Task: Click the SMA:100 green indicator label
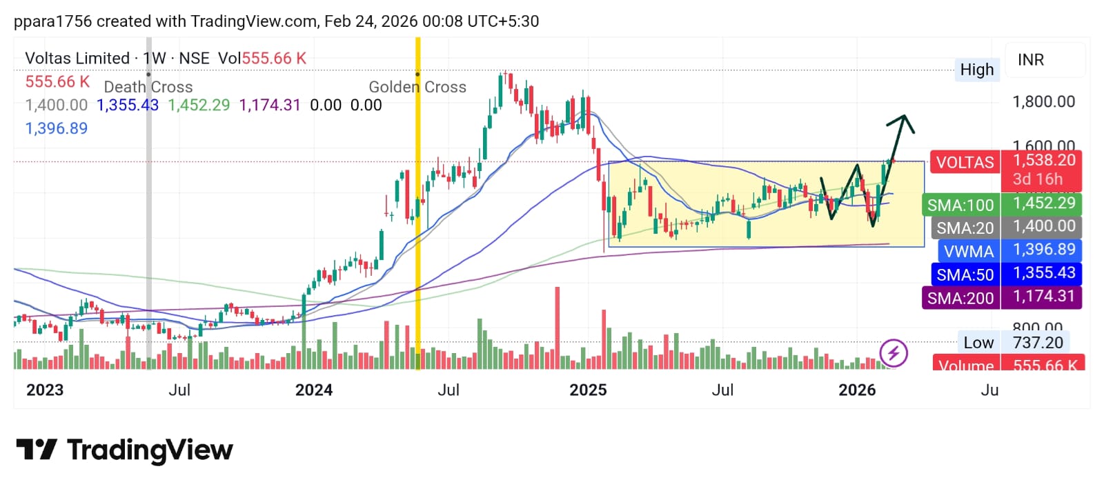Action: click(x=960, y=205)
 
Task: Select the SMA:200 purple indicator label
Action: click(x=960, y=298)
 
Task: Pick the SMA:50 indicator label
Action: click(x=965, y=274)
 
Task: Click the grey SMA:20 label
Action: click(x=965, y=228)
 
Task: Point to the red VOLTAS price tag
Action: click(x=965, y=163)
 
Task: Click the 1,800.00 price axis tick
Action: click(x=1043, y=102)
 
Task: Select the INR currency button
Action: click(x=1031, y=60)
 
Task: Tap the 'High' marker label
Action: click(x=976, y=70)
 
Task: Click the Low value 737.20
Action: click(x=1038, y=343)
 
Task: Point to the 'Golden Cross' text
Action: click(x=417, y=87)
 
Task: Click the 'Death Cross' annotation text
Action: click(x=148, y=87)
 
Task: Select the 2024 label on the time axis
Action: click(x=314, y=390)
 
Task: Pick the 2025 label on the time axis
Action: click(x=588, y=390)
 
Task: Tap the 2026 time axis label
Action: click(x=857, y=390)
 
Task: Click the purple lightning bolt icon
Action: click(x=894, y=354)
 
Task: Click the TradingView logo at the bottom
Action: click(x=125, y=450)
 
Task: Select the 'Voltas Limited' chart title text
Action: click(x=77, y=59)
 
